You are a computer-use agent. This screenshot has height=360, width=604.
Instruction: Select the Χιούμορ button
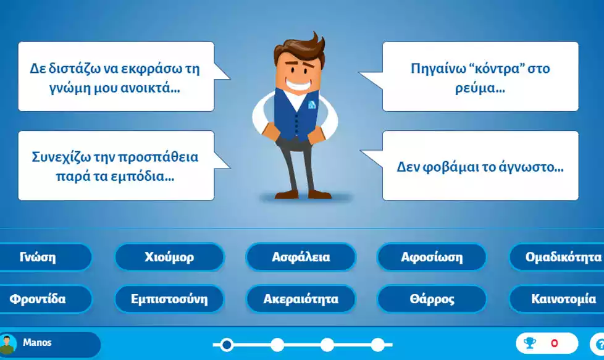(x=169, y=257)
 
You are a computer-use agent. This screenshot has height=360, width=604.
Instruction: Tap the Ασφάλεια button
(x=301, y=257)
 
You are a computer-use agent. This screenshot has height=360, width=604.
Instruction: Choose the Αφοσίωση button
(x=432, y=257)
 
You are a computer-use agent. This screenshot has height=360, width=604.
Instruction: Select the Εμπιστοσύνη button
(x=169, y=299)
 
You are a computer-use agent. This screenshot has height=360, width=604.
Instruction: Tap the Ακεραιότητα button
(x=301, y=299)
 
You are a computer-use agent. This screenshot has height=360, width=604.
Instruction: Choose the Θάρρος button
(x=432, y=299)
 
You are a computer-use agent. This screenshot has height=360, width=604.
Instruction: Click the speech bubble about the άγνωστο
(x=480, y=166)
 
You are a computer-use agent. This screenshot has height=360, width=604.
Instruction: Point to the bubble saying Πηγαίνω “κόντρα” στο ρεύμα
(x=480, y=77)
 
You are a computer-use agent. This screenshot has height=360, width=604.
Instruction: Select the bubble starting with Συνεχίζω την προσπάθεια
(x=116, y=166)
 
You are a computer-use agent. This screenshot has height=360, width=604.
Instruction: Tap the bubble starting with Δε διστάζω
(x=116, y=77)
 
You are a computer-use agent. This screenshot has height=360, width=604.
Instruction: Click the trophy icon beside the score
(x=530, y=343)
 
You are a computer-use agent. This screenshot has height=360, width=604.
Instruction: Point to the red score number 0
(x=554, y=343)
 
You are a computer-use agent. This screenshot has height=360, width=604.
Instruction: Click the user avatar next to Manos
(x=8, y=344)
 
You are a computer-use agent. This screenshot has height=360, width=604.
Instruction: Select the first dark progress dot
(x=227, y=345)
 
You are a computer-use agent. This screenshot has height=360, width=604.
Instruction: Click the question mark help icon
(x=599, y=344)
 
